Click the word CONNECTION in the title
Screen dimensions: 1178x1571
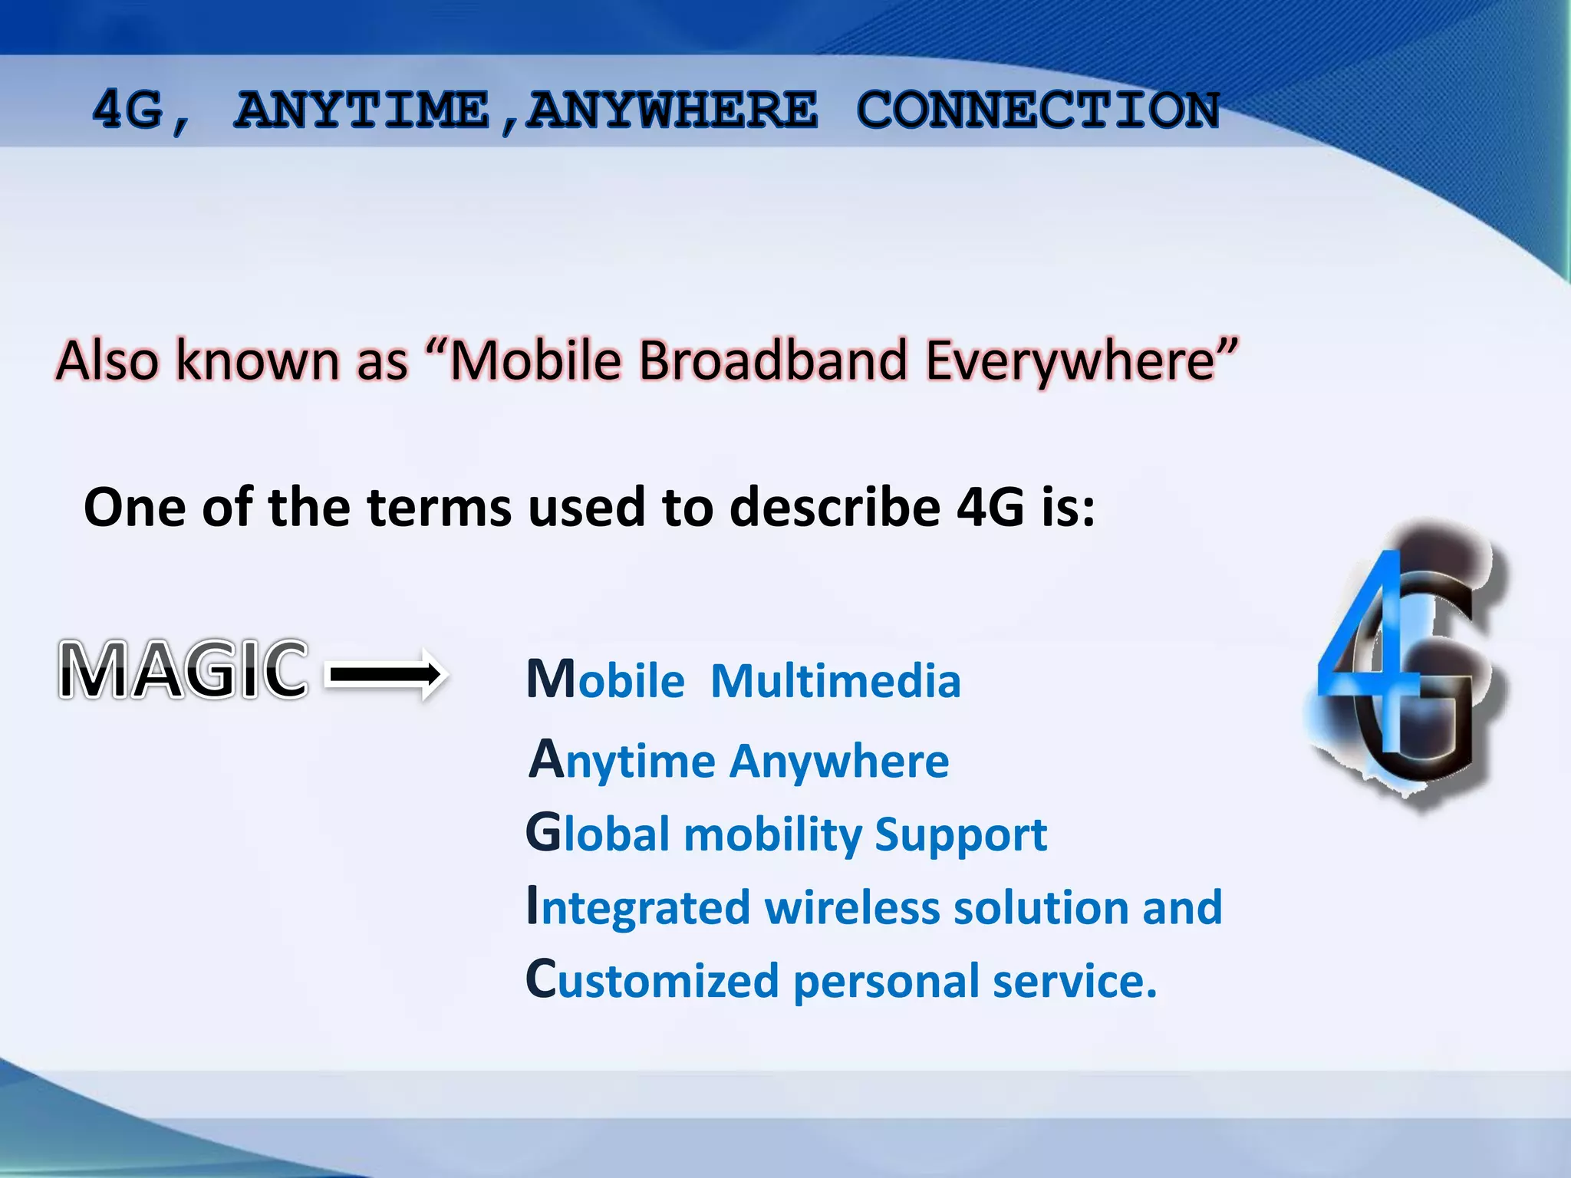(1037, 110)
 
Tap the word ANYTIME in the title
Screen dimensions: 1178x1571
(361, 110)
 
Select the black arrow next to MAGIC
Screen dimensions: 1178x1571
(387, 673)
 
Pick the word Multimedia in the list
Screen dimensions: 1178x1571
(835, 681)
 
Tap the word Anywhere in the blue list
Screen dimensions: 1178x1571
(839, 762)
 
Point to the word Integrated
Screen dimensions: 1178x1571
(637, 907)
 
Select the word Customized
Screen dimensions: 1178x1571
(653, 981)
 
